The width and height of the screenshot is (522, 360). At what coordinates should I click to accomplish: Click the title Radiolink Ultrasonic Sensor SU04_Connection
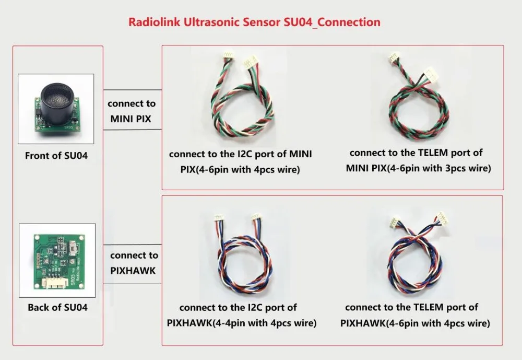tap(254, 22)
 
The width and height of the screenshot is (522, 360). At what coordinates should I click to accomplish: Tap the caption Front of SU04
tap(56, 156)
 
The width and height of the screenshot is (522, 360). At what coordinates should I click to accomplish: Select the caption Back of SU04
tap(57, 307)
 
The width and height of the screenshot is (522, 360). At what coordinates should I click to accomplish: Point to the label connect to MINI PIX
tap(131, 111)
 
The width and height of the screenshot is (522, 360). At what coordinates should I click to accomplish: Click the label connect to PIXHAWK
tap(134, 263)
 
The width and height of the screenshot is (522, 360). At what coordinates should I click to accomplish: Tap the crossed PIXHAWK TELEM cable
tap(416, 256)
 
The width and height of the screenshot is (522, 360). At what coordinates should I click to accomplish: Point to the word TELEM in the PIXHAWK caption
tap(424, 307)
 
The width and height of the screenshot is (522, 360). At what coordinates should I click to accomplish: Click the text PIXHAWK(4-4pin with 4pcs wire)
tap(242, 323)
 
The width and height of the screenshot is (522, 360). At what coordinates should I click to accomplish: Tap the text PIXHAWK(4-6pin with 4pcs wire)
tap(415, 323)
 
